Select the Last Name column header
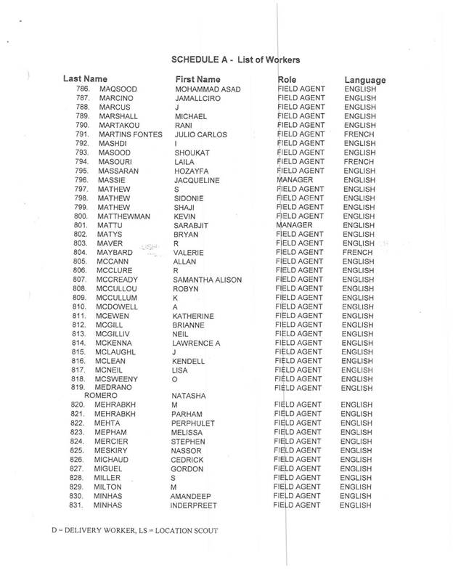point(85,78)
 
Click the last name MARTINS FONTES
point(129,134)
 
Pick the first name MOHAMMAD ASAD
point(208,89)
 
